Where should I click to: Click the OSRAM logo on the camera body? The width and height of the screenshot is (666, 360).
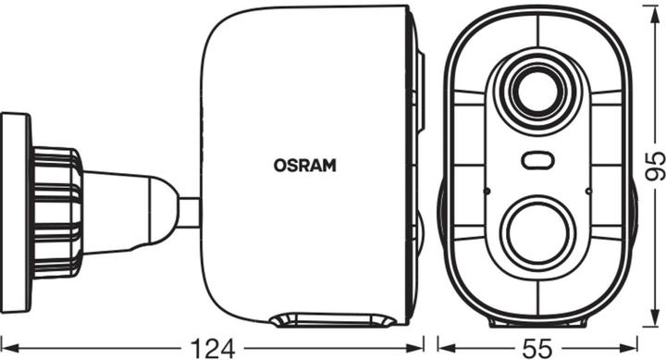pyautogui.click(x=304, y=167)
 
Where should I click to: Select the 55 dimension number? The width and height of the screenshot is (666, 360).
pyautogui.click(x=536, y=347)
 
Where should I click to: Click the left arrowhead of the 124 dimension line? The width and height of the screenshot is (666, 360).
pyautogui.click(x=6, y=347)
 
